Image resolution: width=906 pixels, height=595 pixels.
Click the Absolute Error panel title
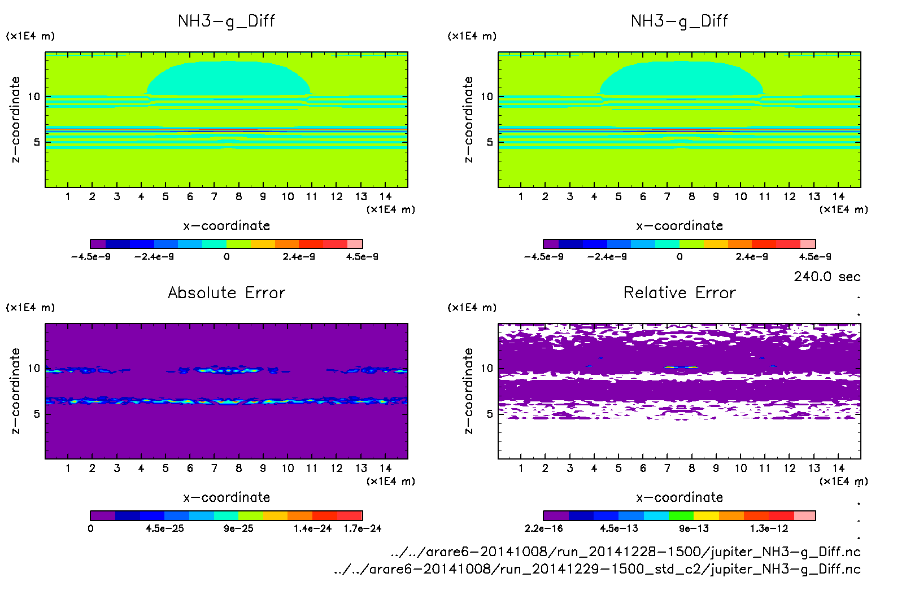tap(226, 292)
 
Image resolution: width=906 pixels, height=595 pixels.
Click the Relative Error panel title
tap(679, 292)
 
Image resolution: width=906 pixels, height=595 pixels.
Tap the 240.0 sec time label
tap(827, 277)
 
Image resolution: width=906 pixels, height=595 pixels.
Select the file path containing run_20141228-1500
tap(625, 552)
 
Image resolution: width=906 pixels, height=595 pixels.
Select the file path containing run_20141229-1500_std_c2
tap(597, 569)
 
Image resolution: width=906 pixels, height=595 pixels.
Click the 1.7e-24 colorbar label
tap(363, 528)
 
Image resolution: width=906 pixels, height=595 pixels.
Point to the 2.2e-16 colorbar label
tap(543, 528)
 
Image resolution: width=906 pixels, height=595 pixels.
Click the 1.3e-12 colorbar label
tap(769, 528)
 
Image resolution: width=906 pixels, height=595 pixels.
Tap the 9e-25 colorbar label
tap(238, 528)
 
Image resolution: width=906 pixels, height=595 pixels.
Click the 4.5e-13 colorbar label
tap(619, 528)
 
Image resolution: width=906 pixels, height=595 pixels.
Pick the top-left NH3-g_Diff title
tap(226, 21)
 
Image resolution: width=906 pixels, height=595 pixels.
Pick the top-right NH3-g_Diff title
tap(679, 21)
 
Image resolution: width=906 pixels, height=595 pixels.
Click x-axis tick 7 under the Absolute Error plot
tap(214, 468)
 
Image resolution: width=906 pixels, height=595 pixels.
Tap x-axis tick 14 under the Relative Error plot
tap(838, 468)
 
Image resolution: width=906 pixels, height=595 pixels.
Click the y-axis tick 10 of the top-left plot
tap(34, 97)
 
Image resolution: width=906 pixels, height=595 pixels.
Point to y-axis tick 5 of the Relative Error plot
tap(490, 414)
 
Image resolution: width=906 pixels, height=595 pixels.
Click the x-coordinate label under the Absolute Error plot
tap(226, 497)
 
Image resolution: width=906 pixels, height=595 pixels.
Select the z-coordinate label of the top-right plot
tap(468, 120)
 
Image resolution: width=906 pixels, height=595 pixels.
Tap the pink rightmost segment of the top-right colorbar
tap(808, 244)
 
